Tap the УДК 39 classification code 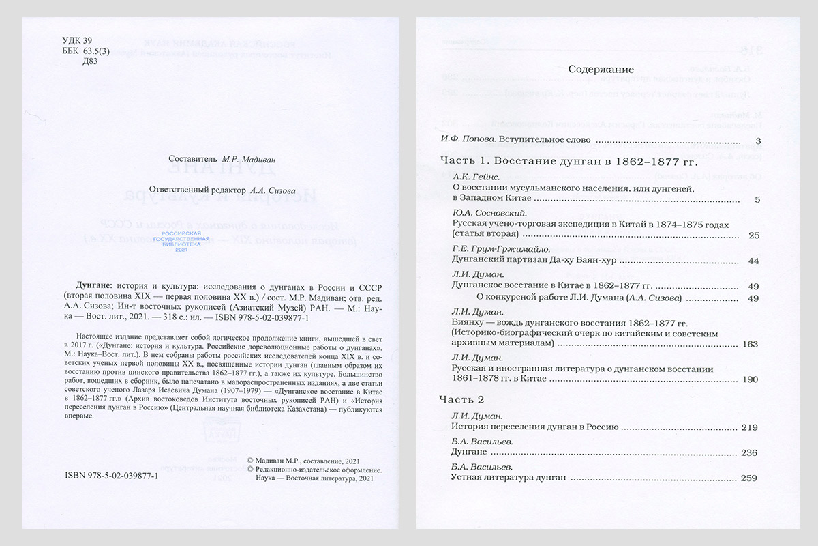pyautogui.click(x=76, y=40)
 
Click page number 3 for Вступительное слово pyautogui.click(x=758, y=142)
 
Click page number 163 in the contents pyautogui.click(x=750, y=344)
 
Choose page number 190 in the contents pyautogui.click(x=750, y=379)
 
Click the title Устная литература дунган pyautogui.click(x=509, y=478)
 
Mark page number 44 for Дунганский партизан pyautogui.click(x=753, y=261)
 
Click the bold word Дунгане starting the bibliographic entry pyautogui.click(x=91, y=285)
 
